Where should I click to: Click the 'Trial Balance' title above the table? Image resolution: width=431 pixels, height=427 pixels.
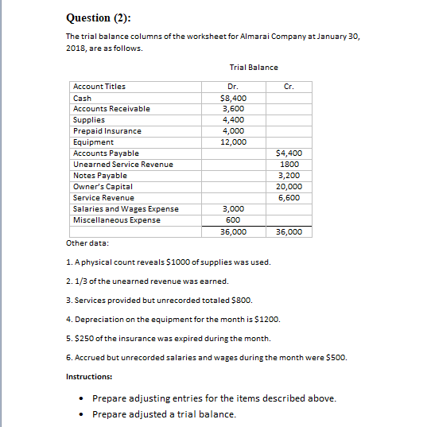point(254,68)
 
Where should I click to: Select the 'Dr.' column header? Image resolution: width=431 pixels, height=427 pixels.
point(233,87)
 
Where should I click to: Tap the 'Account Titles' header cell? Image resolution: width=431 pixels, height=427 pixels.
point(99,87)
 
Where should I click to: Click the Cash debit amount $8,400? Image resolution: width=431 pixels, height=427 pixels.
point(233,98)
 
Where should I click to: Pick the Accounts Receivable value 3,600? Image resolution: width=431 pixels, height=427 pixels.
point(233,109)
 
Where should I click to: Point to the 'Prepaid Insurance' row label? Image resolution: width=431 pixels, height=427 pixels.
point(107,131)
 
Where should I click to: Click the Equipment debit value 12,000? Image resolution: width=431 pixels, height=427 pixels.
point(233,142)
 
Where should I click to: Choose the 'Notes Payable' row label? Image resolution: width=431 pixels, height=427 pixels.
point(100,176)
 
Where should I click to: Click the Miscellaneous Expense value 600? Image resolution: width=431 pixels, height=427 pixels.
point(233,220)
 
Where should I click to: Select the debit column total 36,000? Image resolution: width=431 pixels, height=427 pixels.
point(233,232)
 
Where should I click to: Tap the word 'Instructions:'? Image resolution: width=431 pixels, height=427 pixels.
point(89,376)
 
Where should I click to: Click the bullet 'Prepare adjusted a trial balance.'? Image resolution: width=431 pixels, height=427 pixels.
point(164,414)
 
